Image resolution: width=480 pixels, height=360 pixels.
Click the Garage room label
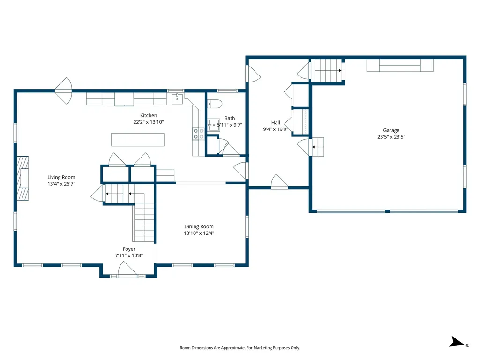391,130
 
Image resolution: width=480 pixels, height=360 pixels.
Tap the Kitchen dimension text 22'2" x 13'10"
148,122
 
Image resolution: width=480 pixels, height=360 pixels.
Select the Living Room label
61,177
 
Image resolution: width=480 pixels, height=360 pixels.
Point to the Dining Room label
199,226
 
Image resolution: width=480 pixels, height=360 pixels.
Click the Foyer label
129,249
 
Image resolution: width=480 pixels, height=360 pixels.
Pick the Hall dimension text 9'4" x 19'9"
275,129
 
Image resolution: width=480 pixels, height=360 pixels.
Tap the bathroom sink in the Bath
215,124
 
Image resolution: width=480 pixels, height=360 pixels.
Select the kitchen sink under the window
177,98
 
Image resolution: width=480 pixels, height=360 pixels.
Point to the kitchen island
137,140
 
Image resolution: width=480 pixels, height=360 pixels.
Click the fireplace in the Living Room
22,178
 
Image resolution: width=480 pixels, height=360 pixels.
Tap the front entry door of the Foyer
127,270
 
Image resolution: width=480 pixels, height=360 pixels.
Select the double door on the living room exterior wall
63,90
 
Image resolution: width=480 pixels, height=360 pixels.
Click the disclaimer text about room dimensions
240,348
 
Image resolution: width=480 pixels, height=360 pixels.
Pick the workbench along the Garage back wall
399,65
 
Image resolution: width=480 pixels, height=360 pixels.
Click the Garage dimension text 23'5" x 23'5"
391,137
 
